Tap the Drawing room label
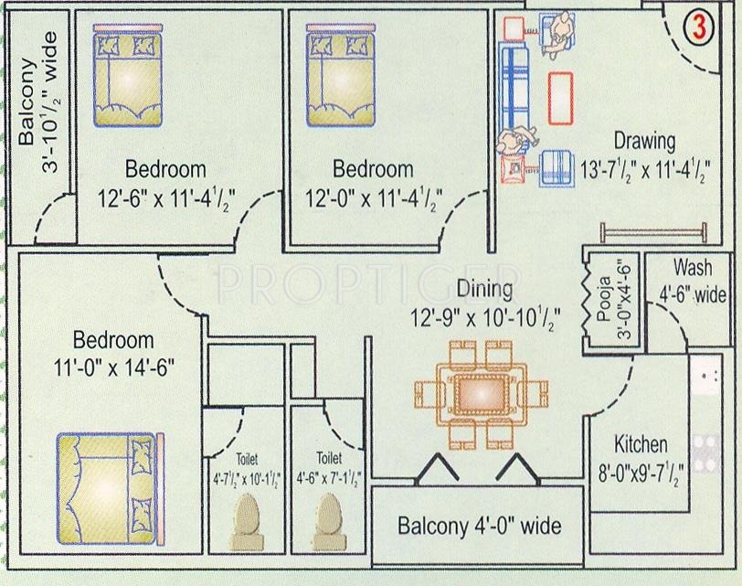(x=644, y=141)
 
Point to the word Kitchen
(x=640, y=445)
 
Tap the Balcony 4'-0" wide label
(x=479, y=527)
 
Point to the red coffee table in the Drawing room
(x=561, y=98)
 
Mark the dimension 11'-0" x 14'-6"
(x=114, y=367)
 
